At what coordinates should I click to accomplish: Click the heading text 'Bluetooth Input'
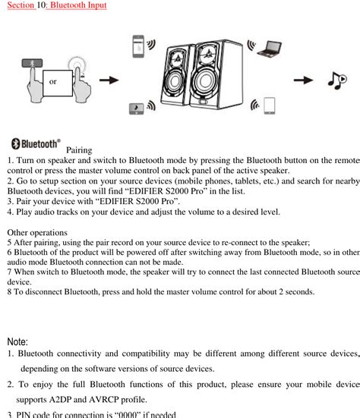pyautogui.click(x=77, y=5)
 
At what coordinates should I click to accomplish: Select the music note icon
pyautogui.click(x=337, y=80)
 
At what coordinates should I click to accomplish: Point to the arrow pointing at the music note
pyautogui.click(x=304, y=80)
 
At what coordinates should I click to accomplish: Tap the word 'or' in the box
pyautogui.click(x=52, y=81)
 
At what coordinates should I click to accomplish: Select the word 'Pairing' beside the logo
pyautogui.click(x=80, y=150)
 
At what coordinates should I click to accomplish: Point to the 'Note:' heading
pyautogui.click(x=17, y=342)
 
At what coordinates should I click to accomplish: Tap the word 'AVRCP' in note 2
pyautogui.click(x=111, y=399)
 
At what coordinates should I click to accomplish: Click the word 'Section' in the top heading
pyautogui.click(x=21, y=5)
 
